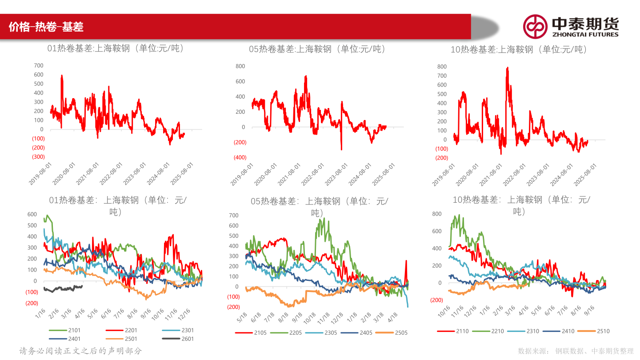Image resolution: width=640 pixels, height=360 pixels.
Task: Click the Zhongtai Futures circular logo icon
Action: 535,26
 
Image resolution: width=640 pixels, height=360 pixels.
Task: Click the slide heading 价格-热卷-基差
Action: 46,27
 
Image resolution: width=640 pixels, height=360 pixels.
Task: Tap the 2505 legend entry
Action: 392,332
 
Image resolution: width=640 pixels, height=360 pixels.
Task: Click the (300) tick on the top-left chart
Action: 38,157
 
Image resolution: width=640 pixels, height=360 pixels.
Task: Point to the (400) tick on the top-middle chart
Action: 240,157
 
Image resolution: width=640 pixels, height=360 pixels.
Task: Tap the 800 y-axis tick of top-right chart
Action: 442,67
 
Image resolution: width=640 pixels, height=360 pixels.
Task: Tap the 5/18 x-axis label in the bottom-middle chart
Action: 243,317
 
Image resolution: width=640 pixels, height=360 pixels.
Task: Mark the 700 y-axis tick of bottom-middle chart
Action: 234,216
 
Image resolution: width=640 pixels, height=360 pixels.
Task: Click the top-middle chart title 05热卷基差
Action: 317,49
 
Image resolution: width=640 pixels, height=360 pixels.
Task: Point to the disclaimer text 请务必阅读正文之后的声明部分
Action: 80,351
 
